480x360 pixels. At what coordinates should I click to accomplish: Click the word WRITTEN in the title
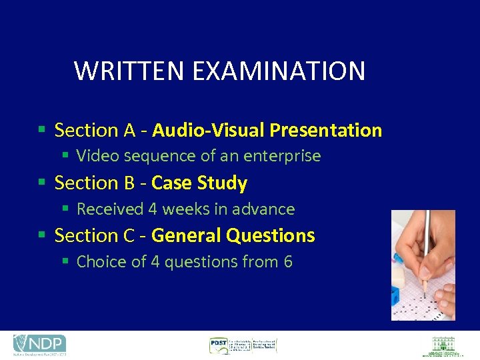121,71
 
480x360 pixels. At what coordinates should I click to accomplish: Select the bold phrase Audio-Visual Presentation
267,130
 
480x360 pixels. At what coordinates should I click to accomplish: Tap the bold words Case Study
199,183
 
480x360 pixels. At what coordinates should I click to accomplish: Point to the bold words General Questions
233,235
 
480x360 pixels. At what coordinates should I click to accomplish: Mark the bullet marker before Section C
43,235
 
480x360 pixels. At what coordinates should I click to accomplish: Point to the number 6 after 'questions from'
288,262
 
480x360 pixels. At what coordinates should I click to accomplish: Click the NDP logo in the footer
40,345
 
